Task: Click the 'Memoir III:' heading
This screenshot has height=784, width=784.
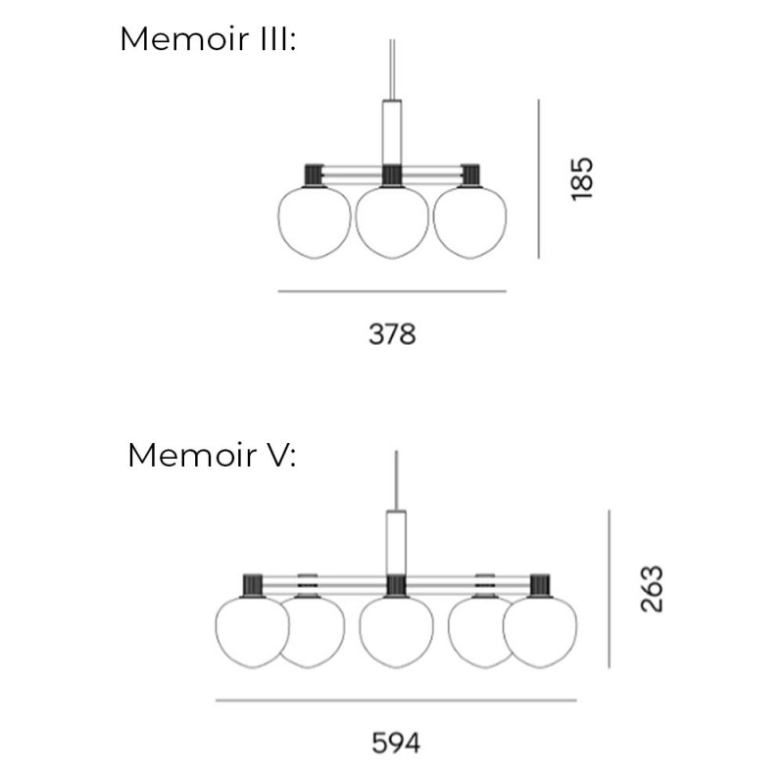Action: coord(207,40)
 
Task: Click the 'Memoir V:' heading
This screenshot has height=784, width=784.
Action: coord(212,456)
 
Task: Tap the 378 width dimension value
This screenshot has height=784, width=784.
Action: coord(392,334)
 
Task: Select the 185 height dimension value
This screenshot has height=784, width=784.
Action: coord(582,178)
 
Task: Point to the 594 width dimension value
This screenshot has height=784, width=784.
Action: coord(396,744)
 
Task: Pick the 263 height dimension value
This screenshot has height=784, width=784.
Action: coord(652,589)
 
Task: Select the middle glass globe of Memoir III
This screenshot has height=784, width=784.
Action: coord(392,221)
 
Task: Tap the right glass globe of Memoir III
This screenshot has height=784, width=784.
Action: coord(469,221)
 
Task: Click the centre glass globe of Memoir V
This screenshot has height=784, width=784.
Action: coord(396,632)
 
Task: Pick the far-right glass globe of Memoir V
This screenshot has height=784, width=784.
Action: coord(540,632)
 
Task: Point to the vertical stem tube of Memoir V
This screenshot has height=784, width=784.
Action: coord(396,542)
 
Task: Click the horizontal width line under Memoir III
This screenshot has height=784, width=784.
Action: coord(392,291)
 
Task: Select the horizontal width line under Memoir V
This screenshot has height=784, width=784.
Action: coord(396,701)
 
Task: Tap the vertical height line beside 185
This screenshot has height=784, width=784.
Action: coord(538,178)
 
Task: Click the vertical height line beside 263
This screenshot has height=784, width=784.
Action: coord(609,589)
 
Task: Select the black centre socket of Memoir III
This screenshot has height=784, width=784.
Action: coord(392,174)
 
